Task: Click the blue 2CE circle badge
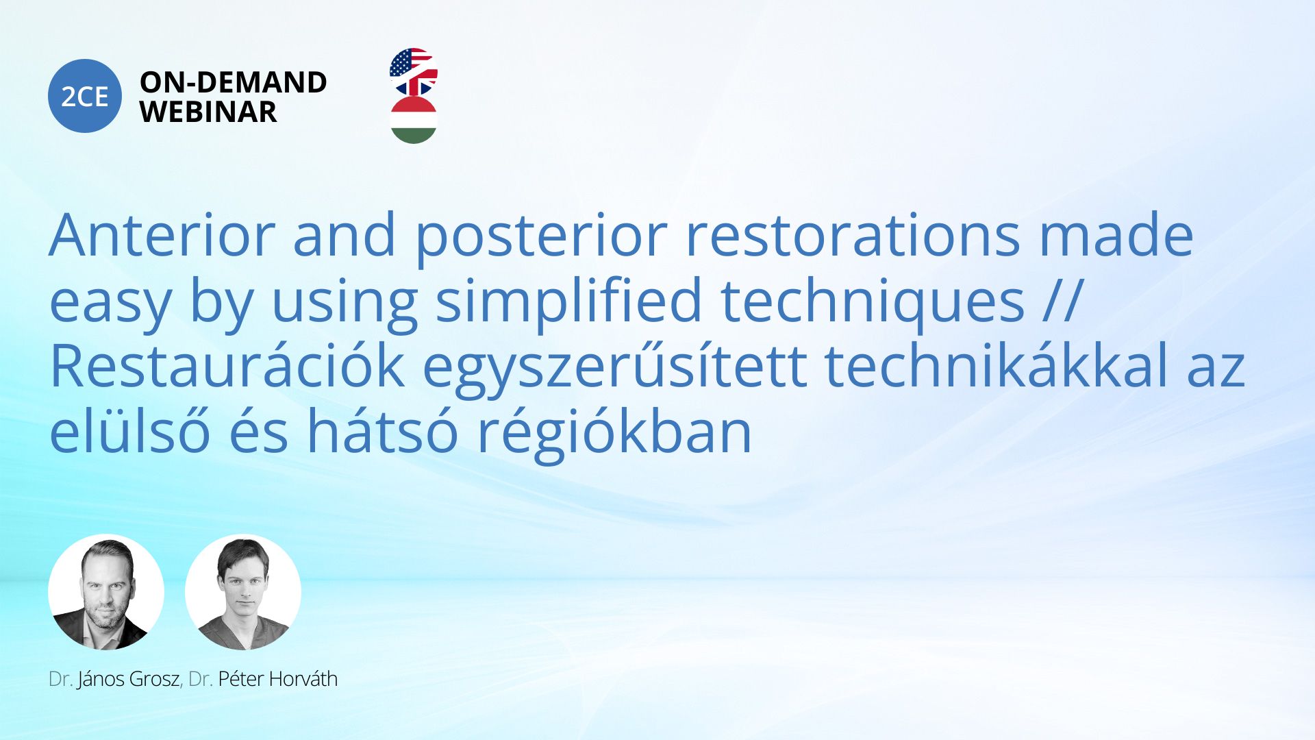pyautogui.click(x=85, y=96)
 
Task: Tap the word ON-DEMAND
pyautogui.click(x=234, y=82)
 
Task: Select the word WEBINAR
pyautogui.click(x=208, y=112)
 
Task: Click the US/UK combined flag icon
pyautogui.click(x=414, y=72)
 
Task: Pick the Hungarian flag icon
pyautogui.click(x=414, y=120)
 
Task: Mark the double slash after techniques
pyautogui.click(x=1062, y=300)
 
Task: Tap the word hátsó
pyautogui.click(x=382, y=432)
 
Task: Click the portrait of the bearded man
pyautogui.click(x=106, y=592)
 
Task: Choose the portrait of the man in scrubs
pyautogui.click(x=243, y=592)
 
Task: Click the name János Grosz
pyautogui.click(x=129, y=679)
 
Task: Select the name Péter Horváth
pyautogui.click(x=278, y=679)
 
